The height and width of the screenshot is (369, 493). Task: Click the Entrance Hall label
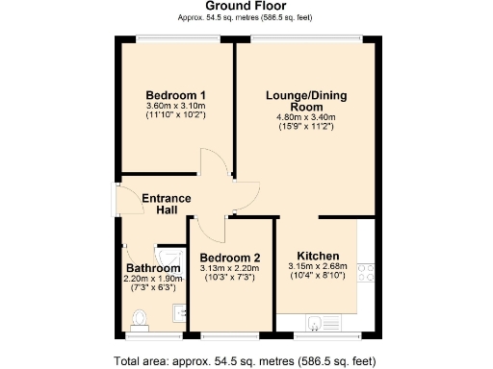click(x=167, y=204)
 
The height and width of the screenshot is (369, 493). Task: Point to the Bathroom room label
click(x=153, y=268)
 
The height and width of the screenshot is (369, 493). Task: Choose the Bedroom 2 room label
click(x=230, y=258)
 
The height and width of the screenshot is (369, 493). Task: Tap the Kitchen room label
click(x=317, y=255)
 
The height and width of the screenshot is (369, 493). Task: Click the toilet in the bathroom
click(x=141, y=317)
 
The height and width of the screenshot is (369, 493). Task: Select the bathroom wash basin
click(x=178, y=312)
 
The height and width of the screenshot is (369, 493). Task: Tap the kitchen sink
click(x=318, y=321)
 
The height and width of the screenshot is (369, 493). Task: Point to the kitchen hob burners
click(x=366, y=273)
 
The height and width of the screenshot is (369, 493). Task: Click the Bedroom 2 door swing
click(x=207, y=228)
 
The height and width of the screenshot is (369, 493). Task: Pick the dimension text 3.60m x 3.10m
click(x=176, y=106)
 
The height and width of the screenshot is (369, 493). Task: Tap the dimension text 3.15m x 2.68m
click(x=317, y=266)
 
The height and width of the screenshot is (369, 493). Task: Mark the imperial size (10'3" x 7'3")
click(x=230, y=278)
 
